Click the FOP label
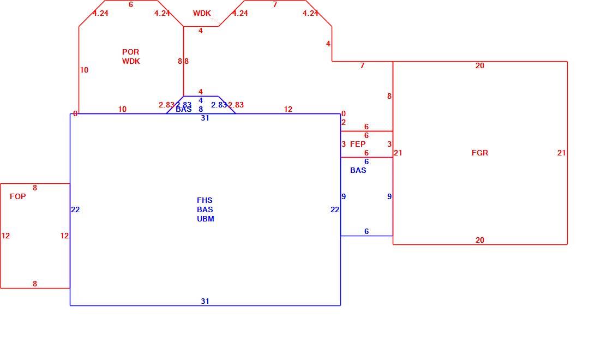point(17,196)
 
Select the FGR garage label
point(480,153)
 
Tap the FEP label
point(358,145)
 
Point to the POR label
point(130,52)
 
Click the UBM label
point(206,219)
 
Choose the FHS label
point(205,201)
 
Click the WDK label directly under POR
point(131,61)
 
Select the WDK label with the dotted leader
point(202,13)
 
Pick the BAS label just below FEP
point(358,171)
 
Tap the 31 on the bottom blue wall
point(205,302)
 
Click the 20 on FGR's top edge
point(480,66)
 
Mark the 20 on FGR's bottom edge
point(480,240)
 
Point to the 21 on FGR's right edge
point(561,153)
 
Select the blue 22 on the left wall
point(75,209)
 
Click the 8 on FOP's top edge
point(35,188)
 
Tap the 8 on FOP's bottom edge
point(35,284)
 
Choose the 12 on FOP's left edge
point(5,236)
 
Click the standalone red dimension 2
point(344,123)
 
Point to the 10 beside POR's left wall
point(84,70)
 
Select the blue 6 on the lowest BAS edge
point(366,231)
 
